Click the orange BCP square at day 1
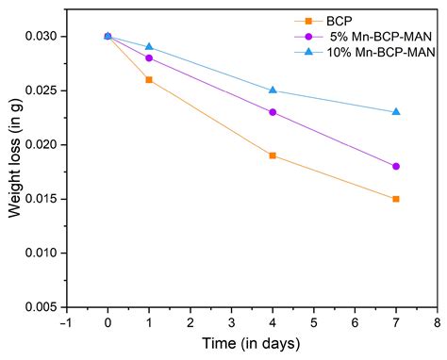click(x=149, y=80)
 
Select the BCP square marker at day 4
click(x=273, y=155)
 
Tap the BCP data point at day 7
click(x=396, y=199)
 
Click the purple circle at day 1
click(x=149, y=57)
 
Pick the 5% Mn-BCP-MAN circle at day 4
click(x=273, y=112)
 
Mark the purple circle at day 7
click(x=396, y=166)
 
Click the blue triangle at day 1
click(x=149, y=46)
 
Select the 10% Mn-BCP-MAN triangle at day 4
click(x=273, y=90)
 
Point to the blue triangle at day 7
click(x=396, y=111)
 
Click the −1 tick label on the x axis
click(x=64, y=322)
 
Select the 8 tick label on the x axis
click(x=437, y=322)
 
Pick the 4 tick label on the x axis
click(x=273, y=322)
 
